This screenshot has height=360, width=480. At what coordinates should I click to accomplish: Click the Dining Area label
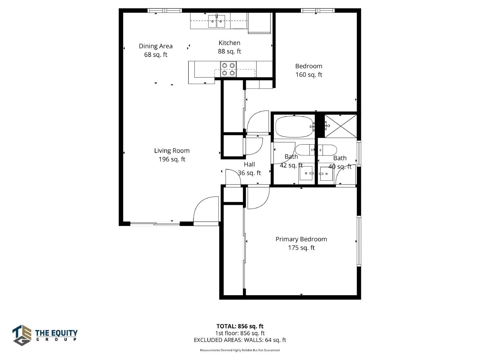click(x=155, y=50)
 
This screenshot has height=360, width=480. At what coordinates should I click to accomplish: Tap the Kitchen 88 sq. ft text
click(x=229, y=47)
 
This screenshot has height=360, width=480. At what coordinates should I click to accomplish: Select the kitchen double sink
click(x=217, y=21)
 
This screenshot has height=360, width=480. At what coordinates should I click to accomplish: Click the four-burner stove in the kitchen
click(x=228, y=69)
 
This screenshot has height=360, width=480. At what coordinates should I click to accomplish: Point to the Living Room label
click(x=172, y=155)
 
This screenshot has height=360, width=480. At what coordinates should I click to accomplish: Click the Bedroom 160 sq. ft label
click(x=309, y=70)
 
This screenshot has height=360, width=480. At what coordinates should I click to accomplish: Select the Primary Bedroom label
click(x=301, y=243)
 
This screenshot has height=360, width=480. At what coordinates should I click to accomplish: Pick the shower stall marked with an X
click(x=341, y=126)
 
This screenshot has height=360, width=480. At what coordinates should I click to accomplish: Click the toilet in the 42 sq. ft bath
click(x=305, y=150)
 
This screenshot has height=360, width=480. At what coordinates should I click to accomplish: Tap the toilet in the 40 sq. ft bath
click(x=327, y=150)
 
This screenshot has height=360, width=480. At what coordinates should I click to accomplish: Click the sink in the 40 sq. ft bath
click(x=326, y=174)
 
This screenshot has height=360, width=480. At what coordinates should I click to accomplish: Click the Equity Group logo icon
click(x=22, y=335)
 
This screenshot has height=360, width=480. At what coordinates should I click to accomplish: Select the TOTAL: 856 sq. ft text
click(x=240, y=326)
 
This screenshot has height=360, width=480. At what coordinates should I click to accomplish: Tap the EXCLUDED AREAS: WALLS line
click(x=240, y=340)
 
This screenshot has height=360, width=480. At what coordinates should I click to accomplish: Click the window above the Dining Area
click(x=165, y=10)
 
